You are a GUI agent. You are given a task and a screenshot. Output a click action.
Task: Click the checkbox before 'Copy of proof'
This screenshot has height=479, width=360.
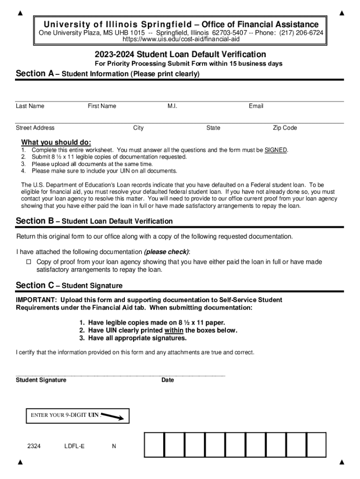click(x=28, y=262)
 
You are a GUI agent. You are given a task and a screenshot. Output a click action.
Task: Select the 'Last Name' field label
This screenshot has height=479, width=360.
click(x=30, y=106)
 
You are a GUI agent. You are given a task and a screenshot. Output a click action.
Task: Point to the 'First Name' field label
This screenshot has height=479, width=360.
click(x=102, y=106)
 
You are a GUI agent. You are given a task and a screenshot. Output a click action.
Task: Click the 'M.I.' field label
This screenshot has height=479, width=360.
click(x=172, y=106)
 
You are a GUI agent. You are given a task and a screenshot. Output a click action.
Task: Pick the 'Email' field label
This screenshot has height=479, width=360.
click(x=256, y=106)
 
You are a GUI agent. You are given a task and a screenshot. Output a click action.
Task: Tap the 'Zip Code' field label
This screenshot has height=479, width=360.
click(x=285, y=128)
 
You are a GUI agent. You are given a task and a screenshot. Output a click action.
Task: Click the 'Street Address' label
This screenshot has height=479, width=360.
click(x=35, y=128)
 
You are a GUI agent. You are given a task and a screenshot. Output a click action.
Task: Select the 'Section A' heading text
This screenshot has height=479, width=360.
click(x=35, y=73)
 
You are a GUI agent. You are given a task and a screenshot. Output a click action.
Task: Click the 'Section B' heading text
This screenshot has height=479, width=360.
click(x=35, y=221)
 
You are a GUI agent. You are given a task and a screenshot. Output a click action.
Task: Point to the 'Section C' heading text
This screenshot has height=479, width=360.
click(x=35, y=285)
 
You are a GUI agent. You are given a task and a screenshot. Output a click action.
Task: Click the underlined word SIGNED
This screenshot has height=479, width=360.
click(x=275, y=150)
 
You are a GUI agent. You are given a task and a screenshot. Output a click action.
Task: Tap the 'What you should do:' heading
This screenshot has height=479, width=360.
click(x=56, y=142)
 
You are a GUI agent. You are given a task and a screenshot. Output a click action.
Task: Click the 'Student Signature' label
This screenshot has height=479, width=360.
click(x=41, y=380)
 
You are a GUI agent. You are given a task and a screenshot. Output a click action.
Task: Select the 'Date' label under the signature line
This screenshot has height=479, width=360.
click(x=167, y=380)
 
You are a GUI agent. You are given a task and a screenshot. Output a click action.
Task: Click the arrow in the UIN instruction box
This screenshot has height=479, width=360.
click(x=112, y=416)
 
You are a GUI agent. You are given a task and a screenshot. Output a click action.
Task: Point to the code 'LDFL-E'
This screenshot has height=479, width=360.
click(x=74, y=446)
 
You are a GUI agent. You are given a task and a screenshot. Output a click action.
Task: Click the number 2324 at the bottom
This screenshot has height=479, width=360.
click(x=34, y=446)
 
